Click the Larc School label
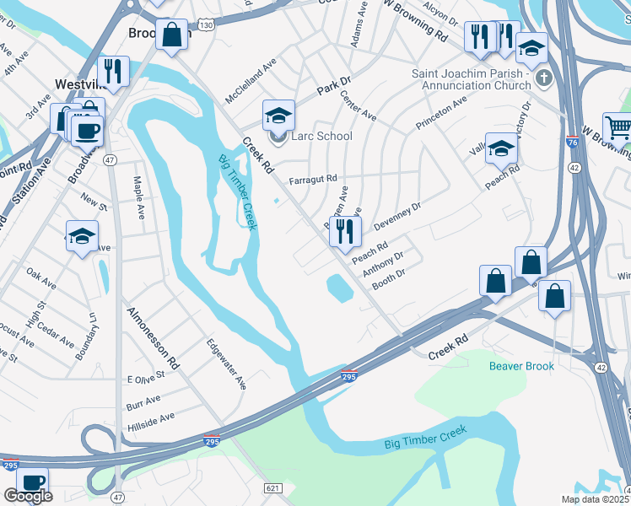322,136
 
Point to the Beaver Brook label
522,365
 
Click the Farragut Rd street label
312,179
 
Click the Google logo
28,496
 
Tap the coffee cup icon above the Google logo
33,482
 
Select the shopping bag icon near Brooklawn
172,35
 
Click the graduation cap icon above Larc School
278,115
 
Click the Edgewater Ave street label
226,364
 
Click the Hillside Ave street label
150,417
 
